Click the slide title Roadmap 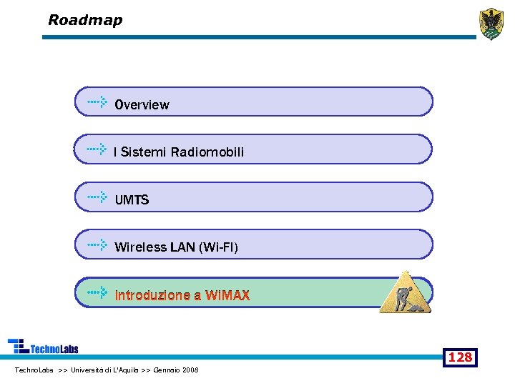(x=85, y=20)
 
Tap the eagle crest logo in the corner (x=491, y=24)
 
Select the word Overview (x=142, y=105)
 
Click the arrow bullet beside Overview (x=97, y=102)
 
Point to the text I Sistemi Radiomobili (x=179, y=152)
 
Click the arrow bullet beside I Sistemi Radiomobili (x=97, y=149)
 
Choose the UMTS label (x=132, y=200)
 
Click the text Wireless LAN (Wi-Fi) (x=177, y=247)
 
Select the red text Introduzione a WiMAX (x=182, y=295)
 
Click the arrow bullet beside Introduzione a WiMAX (x=97, y=292)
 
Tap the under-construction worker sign (x=406, y=292)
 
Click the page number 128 (x=460, y=357)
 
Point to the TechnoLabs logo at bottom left (x=43, y=347)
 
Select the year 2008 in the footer (x=191, y=370)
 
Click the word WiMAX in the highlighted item (x=227, y=295)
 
